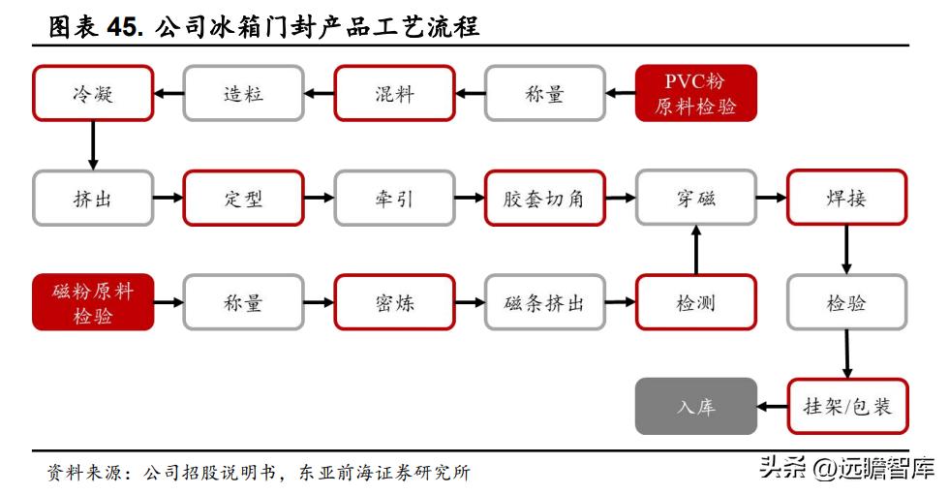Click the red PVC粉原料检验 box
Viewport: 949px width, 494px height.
coord(695,93)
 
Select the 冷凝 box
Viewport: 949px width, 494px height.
coord(93,93)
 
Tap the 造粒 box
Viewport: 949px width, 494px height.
coord(243,93)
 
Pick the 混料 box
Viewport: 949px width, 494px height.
coord(394,93)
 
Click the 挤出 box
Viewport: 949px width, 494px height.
coord(93,199)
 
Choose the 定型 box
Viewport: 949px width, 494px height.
coord(243,199)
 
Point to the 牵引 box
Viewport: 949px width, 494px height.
coord(394,199)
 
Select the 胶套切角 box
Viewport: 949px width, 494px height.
coord(544,199)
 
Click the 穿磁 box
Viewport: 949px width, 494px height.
coord(695,199)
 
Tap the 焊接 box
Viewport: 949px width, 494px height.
coord(846,199)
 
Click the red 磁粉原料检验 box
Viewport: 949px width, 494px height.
coord(93,302)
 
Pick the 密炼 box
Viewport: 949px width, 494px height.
coord(394,302)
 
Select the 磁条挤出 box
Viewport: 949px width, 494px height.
coord(544,302)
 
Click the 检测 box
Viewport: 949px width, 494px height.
coord(695,302)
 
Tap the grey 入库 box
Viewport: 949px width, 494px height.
coord(695,406)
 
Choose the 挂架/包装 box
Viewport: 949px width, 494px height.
coord(846,406)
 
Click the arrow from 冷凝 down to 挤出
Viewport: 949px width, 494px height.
coord(93,145)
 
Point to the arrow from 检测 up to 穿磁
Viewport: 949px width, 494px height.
coord(695,250)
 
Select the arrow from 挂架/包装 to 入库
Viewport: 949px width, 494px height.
coord(771,406)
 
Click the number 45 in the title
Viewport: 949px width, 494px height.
coord(124,26)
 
